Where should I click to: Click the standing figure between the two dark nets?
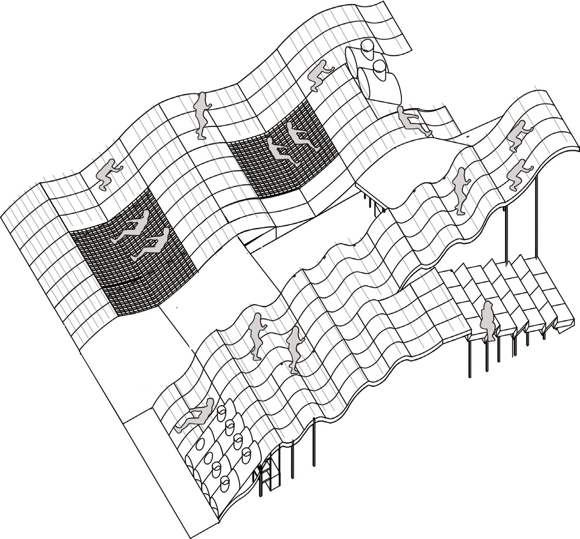(x=201, y=113)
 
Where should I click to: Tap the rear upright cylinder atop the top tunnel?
(x=367, y=49)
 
